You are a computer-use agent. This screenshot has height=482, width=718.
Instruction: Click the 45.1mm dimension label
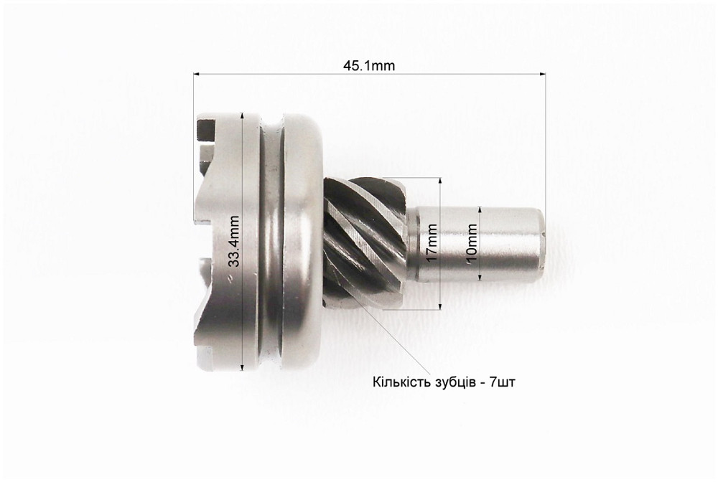(368, 66)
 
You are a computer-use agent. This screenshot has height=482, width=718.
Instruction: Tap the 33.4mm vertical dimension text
(234, 241)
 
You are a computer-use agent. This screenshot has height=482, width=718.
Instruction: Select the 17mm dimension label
(432, 242)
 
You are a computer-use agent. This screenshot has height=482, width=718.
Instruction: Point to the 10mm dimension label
(472, 242)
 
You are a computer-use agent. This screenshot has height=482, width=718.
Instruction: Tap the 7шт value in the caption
(502, 382)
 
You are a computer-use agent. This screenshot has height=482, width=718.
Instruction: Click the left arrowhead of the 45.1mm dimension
(197, 73)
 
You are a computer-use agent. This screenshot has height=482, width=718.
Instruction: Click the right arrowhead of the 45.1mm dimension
(542, 73)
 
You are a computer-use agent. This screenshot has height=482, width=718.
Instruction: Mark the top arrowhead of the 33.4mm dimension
(243, 116)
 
